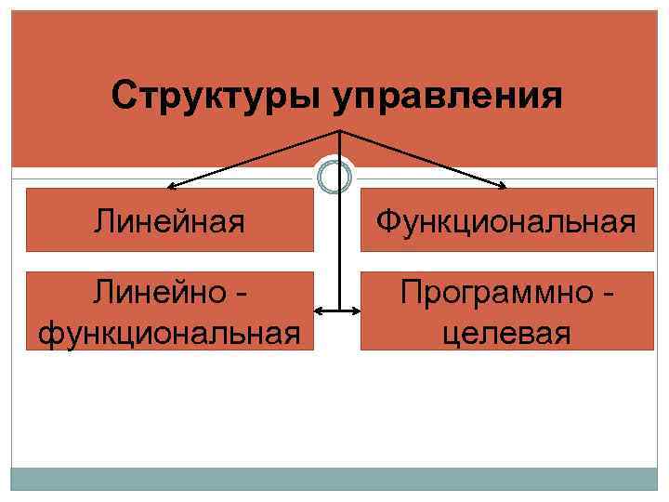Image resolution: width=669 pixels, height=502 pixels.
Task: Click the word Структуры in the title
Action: coord(216,96)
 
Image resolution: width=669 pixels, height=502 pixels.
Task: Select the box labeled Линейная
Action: coord(169,220)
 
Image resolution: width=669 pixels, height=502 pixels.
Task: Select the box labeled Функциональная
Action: coord(506,220)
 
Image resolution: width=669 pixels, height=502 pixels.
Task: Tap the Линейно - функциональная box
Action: coord(169,311)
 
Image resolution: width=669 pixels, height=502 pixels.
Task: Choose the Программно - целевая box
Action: coord(506,311)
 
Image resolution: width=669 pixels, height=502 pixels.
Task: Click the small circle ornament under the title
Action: coord(334,176)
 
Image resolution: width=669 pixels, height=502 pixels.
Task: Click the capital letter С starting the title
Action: coord(122,95)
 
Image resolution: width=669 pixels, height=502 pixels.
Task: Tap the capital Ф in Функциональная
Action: coord(388,221)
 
